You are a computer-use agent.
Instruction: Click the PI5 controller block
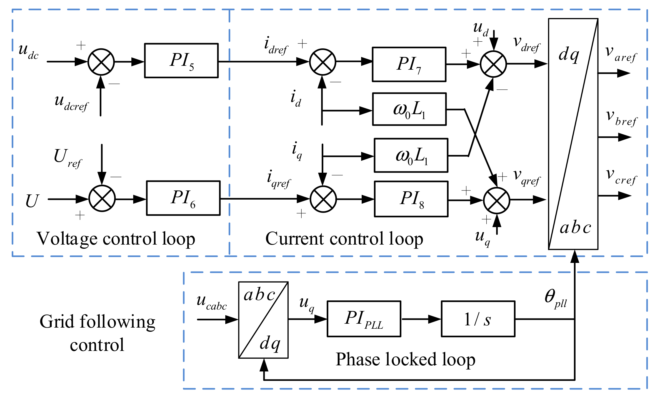coord(181,61)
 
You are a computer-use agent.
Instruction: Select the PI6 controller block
coord(183,198)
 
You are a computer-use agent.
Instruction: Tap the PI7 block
coord(409,64)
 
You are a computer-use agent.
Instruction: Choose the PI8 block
coord(411,199)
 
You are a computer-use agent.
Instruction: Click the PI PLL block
coord(364,319)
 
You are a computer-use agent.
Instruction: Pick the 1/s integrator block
coord(478,319)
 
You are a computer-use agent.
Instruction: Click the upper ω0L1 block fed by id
coord(409,109)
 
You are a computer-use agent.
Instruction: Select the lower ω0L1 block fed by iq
coord(411,155)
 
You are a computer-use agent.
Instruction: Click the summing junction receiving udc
coord(101,62)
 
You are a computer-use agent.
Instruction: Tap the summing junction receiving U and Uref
coord(102,199)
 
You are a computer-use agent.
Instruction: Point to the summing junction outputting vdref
coord(493,64)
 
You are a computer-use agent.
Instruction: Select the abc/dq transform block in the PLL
coord(263,320)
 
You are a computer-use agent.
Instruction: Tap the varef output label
coord(620,54)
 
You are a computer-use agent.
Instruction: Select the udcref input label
coord(71,103)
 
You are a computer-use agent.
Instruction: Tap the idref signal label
coord(276,46)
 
